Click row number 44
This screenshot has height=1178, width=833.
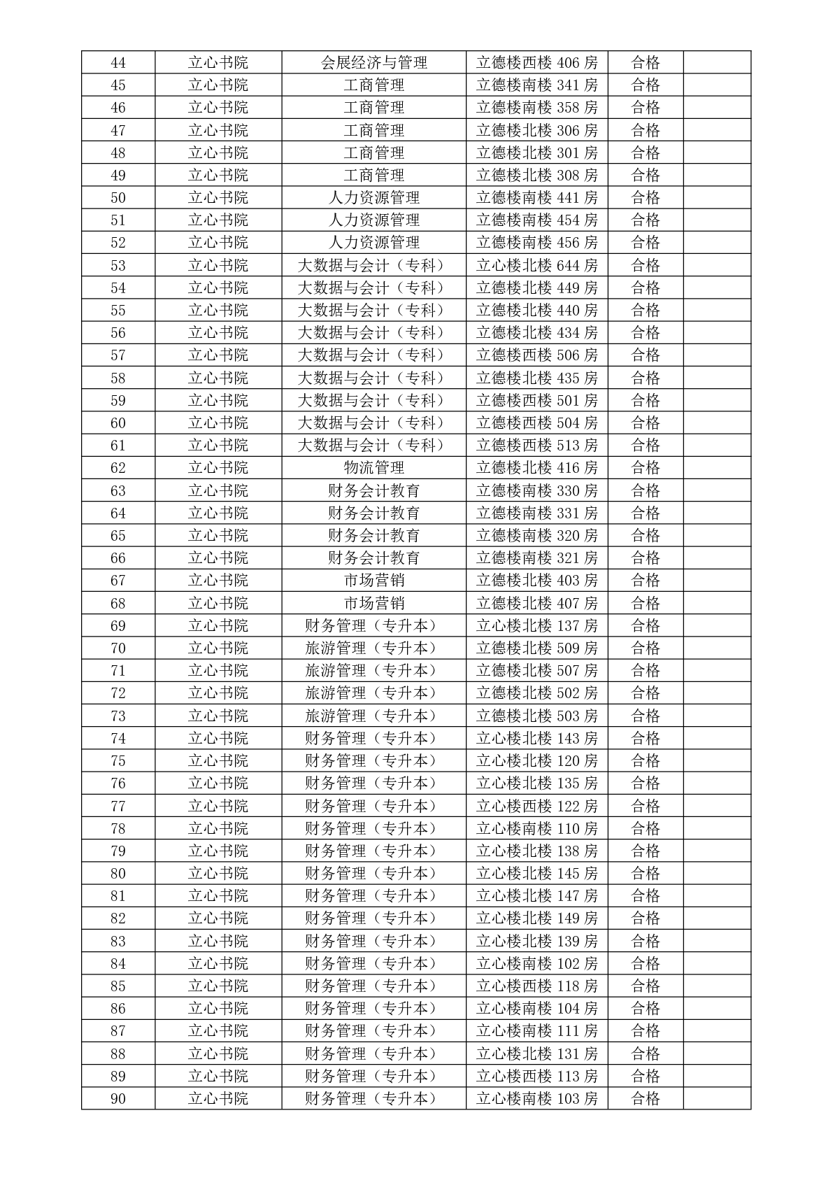pyautogui.click(x=118, y=62)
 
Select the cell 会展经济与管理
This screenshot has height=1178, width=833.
pyautogui.click(x=373, y=62)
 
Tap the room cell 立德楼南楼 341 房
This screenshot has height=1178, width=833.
pyautogui.click(x=536, y=85)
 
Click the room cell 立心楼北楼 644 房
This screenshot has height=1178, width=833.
pyautogui.click(x=536, y=265)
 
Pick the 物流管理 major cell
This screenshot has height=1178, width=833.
pyautogui.click(x=373, y=467)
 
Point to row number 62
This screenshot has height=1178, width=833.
pyautogui.click(x=118, y=467)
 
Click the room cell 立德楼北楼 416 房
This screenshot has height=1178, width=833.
pyautogui.click(x=536, y=467)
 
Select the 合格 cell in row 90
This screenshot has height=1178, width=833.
pyautogui.click(x=645, y=1098)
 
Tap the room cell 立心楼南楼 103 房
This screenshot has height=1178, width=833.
pyautogui.click(x=536, y=1098)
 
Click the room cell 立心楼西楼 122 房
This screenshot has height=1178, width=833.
pyautogui.click(x=536, y=806)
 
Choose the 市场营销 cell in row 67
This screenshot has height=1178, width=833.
pyautogui.click(x=373, y=580)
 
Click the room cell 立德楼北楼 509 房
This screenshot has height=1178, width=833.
pyautogui.click(x=536, y=648)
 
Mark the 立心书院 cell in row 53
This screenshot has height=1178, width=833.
pyautogui.click(x=218, y=265)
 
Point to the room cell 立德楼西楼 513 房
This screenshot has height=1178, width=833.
pyautogui.click(x=536, y=445)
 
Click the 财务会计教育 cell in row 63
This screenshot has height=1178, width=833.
pyautogui.click(x=373, y=490)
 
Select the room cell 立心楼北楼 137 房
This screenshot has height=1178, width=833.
pyautogui.click(x=536, y=625)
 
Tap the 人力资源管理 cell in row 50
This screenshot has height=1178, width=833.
pyautogui.click(x=373, y=197)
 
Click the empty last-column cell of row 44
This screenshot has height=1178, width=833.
pyautogui.click(x=716, y=62)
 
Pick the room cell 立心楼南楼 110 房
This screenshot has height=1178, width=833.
pyautogui.click(x=536, y=828)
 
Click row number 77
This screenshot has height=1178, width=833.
pyautogui.click(x=118, y=806)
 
